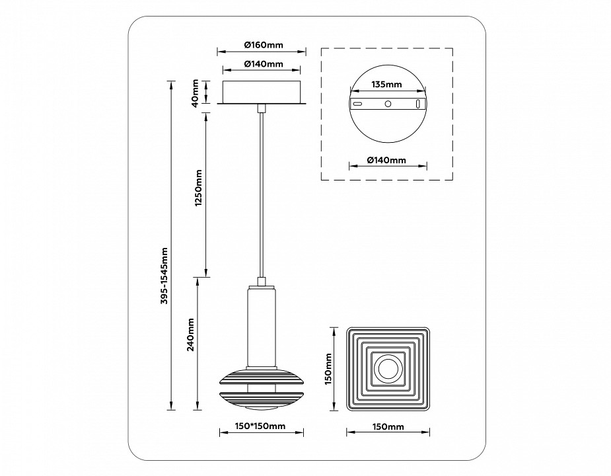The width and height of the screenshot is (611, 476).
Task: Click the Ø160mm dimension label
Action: click(x=263, y=45)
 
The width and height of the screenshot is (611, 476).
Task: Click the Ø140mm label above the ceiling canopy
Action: click(x=263, y=64)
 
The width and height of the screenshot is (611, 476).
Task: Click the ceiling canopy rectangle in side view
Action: click(x=262, y=92)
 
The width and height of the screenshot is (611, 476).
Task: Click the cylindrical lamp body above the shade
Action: click(x=262, y=326)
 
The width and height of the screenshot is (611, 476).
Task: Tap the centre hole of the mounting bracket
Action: click(x=388, y=104)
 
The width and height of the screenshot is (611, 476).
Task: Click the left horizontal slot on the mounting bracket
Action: click(x=357, y=104)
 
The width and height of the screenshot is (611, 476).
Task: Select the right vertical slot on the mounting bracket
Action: click(x=417, y=104)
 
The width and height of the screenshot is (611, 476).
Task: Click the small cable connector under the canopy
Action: click(x=262, y=108)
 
